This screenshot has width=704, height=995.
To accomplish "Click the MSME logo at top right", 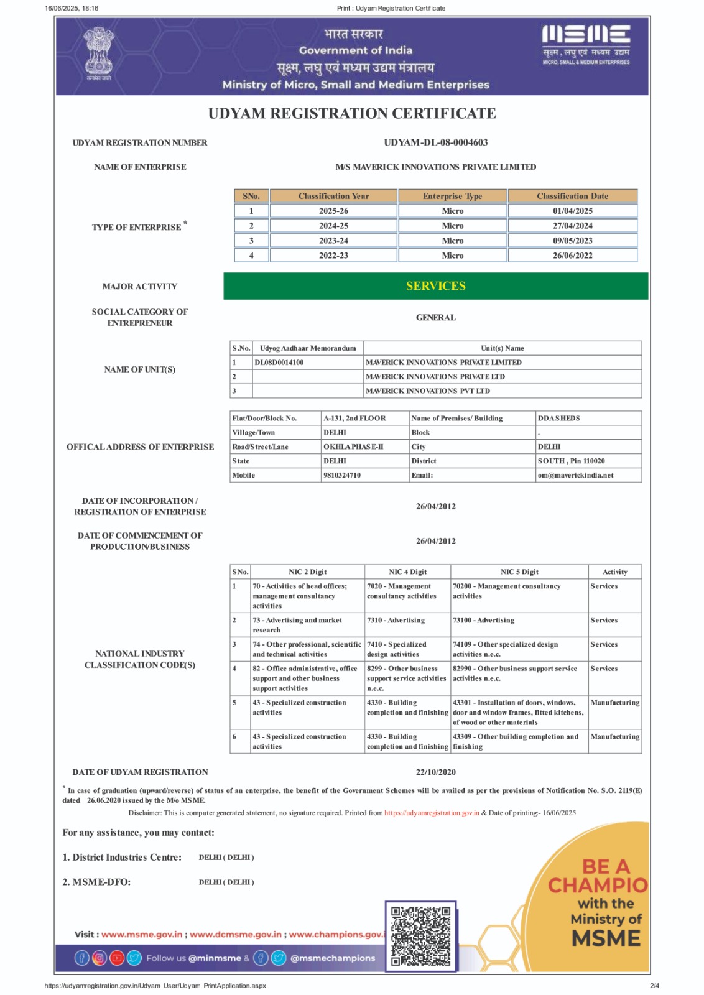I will (586, 44).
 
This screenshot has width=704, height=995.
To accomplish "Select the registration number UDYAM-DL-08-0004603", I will (435, 142).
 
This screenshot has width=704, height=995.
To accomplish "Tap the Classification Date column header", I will (572, 196).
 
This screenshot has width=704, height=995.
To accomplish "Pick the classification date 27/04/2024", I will (572, 226).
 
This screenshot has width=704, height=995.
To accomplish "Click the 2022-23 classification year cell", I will (333, 256).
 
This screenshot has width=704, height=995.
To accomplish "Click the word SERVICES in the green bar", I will (435, 286).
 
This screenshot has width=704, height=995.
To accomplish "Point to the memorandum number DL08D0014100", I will (279, 363).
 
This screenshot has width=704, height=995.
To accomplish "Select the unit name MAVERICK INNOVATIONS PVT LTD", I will (428, 391).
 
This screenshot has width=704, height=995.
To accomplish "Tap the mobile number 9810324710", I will (342, 475).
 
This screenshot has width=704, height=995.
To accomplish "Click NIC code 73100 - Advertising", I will (483, 620).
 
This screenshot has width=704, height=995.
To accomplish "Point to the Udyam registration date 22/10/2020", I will (435, 772).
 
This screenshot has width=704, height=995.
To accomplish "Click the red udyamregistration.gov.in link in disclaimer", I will (432, 813).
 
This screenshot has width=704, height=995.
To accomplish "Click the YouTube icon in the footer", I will (117, 958).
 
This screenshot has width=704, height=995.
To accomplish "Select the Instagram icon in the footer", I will (100, 958).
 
